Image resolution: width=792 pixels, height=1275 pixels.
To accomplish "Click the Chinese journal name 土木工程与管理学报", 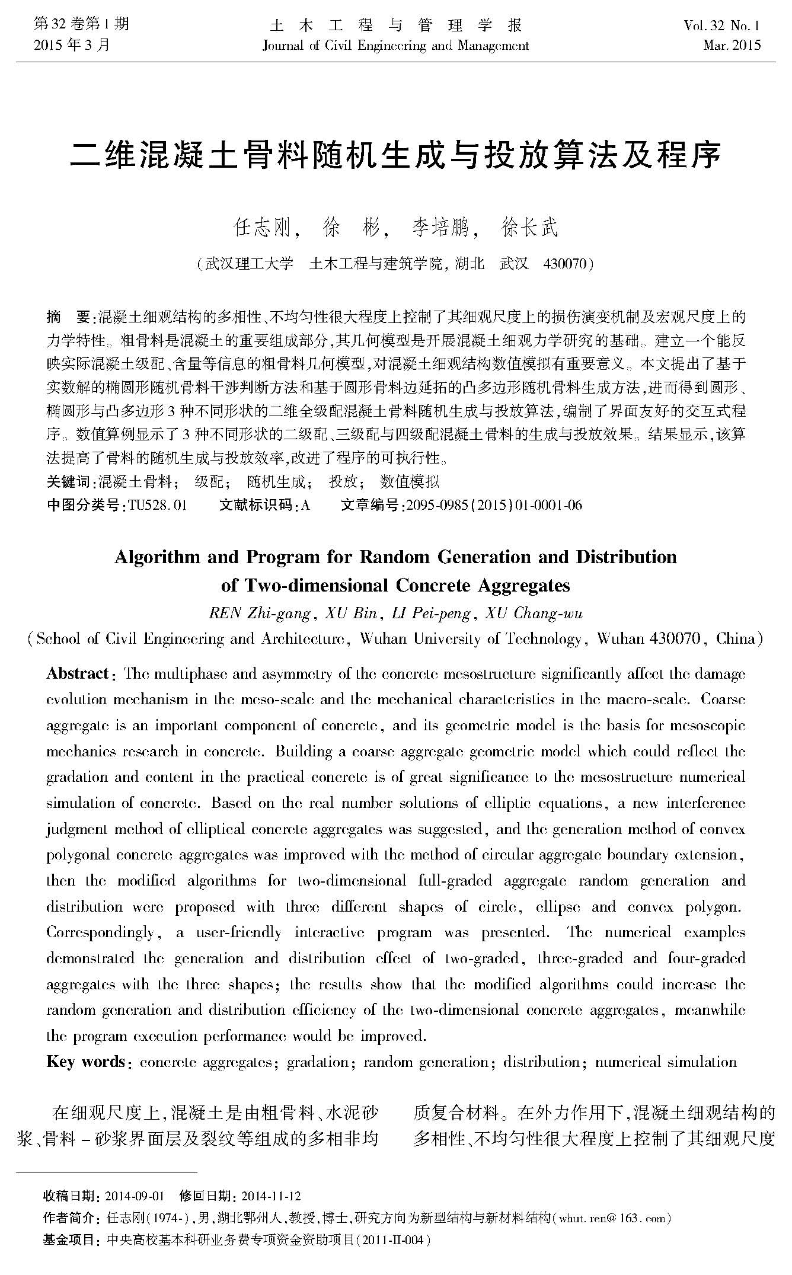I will [x=395, y=25].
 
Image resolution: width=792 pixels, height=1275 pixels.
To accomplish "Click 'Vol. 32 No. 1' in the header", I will [x=721, y=25].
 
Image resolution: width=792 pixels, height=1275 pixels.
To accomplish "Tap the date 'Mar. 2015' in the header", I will [x=732, y=45].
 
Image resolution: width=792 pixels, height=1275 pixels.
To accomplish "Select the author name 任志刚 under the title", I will [x=263, y=228].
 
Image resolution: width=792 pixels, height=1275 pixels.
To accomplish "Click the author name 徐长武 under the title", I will [x=529, y=228].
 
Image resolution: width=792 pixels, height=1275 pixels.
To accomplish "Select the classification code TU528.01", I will [x=157, y=505].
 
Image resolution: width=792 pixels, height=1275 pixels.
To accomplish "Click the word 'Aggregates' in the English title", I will [x=523, y=586].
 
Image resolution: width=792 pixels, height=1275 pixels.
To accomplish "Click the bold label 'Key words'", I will [x=85, y=1062].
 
